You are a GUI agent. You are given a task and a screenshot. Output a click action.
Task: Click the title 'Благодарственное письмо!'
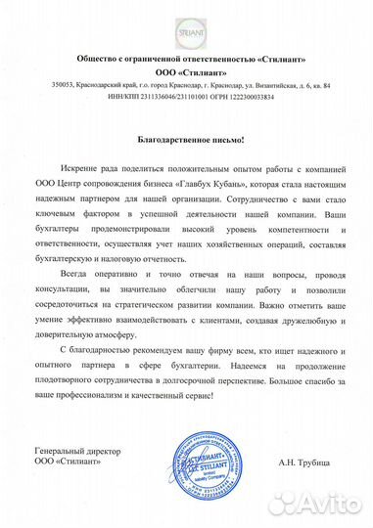186,142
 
